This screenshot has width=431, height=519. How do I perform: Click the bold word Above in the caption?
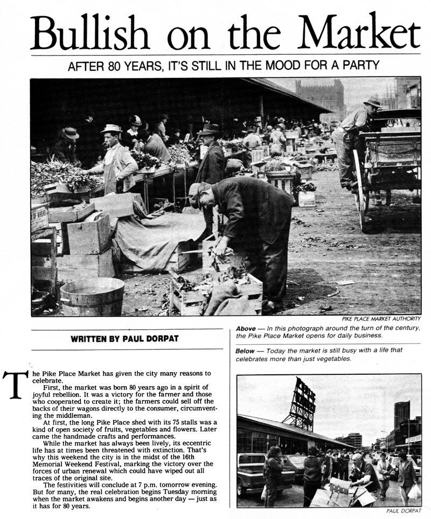246,328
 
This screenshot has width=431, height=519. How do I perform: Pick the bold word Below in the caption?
246,351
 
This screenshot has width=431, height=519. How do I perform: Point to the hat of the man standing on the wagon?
372,102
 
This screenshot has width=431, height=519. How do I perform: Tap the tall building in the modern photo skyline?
401,414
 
